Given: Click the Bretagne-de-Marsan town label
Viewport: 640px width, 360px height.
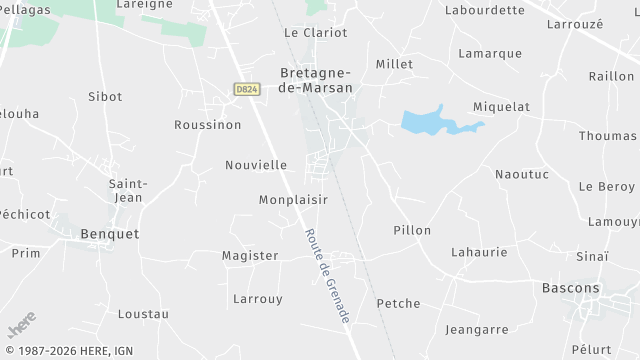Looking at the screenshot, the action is point(315,80).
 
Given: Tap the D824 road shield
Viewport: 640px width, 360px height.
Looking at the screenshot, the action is point(247,89).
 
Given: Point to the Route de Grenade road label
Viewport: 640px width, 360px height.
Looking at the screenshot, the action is point(326,275).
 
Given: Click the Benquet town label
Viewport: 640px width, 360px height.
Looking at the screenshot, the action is point(110,233).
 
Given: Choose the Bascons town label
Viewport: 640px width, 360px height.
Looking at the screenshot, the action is point(571,288).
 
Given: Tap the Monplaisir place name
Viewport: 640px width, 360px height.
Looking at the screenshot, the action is point(293,200).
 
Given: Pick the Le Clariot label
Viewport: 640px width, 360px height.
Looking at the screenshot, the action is point(316,32).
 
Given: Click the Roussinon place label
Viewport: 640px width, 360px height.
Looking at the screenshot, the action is point(208,125).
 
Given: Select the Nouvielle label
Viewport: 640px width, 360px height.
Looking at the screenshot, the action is point(256,165).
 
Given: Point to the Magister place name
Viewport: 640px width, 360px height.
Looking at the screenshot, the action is point(250,256).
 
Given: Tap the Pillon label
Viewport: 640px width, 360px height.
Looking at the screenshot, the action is point(412,230).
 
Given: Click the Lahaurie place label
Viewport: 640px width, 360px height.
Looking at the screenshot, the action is point(479,252).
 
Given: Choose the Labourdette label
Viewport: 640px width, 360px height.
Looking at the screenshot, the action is point(485,10).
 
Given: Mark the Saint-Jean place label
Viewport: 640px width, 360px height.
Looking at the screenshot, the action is point(128,190).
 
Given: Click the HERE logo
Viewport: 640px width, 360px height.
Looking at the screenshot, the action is point(21,326).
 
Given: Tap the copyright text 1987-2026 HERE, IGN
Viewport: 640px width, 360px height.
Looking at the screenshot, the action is point(68,351).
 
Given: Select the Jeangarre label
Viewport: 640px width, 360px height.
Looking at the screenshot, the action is point(477,329).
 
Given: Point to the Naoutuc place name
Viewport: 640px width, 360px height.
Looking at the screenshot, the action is point(522,174).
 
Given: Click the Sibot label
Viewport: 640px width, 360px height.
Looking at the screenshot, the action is point(105,97).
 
